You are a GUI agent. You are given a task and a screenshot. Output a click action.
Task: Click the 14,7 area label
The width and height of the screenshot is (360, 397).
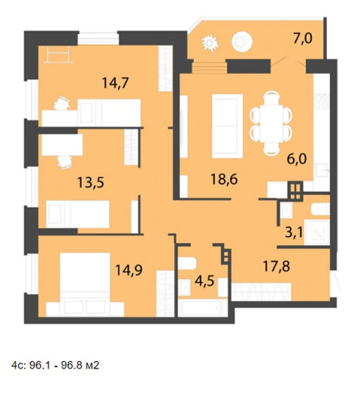click(x=116, y=83)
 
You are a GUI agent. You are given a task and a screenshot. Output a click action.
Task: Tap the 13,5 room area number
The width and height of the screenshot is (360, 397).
click(x=90, y=182)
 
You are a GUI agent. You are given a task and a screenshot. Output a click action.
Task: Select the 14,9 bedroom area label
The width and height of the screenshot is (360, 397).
click(x=129, y=270)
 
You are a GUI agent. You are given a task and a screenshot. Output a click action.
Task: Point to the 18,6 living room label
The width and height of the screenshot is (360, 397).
click(x=224, y=180)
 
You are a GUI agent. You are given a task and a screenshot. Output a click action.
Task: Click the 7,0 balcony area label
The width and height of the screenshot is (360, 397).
click(x=303, y=39)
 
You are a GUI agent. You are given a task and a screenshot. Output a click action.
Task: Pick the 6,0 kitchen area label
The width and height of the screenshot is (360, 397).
click(x=297, y=159)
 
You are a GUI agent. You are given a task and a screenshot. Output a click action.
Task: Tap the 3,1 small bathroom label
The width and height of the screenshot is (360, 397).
click(x=294, y=232)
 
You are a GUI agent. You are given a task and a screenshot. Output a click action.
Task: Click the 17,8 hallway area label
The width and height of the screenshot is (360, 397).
click(x=276, y=266)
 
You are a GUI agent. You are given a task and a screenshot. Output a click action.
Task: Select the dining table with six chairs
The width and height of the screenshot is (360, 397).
click(x=271, y=123)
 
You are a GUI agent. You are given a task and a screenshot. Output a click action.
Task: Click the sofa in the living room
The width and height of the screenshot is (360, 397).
click(x=227, y=126)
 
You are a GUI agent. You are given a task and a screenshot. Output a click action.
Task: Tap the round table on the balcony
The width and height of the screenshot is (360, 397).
click(x=242, y=41)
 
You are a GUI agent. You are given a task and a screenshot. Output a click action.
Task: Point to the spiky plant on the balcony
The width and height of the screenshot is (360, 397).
click(x=210, y=43)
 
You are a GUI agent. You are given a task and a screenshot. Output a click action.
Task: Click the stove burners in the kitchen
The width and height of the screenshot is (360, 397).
click(x=321, y=101)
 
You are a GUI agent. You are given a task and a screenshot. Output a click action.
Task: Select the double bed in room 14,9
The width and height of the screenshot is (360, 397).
click(x=85, y=284)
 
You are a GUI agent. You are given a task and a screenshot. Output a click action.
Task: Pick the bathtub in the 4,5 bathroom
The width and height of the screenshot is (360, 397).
click(x=202, y=308)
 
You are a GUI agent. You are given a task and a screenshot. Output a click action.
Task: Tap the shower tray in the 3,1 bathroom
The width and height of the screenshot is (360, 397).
click(x=317, y=232)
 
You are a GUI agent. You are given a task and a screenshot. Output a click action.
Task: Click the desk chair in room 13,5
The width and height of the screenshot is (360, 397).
click(x=64, y=162)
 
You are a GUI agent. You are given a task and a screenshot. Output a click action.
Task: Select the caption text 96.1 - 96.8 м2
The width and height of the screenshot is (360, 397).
click(x=64, y=365)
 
